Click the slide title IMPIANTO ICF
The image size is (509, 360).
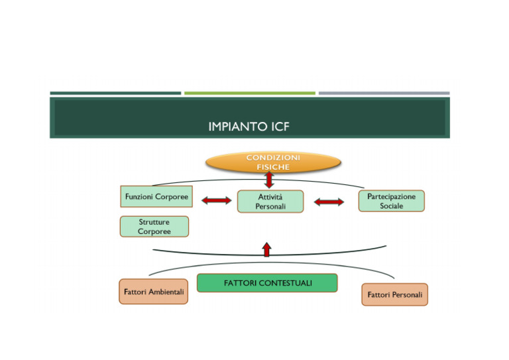249,126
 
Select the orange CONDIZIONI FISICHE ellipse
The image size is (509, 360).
273,162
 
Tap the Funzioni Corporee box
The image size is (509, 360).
156,197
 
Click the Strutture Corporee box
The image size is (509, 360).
154,227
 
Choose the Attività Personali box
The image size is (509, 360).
270,202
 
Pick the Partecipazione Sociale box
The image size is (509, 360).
391,201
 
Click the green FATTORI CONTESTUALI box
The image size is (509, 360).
267,283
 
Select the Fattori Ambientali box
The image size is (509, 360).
154,292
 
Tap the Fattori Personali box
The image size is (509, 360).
394,294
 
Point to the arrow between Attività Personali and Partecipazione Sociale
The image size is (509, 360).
329,202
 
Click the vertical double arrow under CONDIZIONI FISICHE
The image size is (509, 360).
269,180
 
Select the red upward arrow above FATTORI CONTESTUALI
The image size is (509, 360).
267,249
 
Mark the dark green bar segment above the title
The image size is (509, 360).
115,93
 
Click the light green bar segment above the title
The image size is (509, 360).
249,93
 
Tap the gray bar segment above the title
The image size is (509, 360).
384,93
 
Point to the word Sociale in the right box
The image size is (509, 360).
391,206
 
